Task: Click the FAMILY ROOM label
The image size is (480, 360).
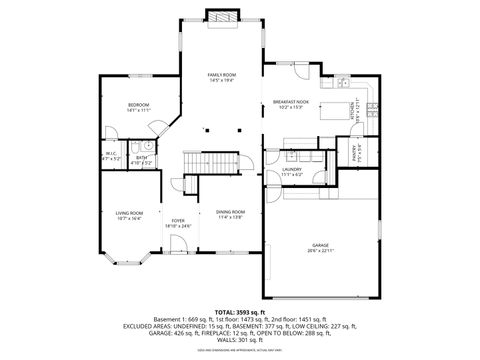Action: pos(221,75)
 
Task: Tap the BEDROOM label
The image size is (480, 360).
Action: pos(138,105)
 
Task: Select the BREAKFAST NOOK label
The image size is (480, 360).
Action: pos(291,102)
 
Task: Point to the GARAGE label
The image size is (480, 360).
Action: pos(320,244)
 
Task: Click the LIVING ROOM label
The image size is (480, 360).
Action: pos(129,212)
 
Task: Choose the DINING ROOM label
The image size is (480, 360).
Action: pos(230,212)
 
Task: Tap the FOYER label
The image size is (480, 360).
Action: pos(178,220)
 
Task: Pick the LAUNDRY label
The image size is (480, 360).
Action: pos(292,170)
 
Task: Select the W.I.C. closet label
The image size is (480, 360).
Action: pos(112,154)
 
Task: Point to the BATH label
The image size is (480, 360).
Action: pos(142,157)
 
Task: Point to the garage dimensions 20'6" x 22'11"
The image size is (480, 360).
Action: pos(320,250)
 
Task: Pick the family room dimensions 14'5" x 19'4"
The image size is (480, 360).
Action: pos(221,81)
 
